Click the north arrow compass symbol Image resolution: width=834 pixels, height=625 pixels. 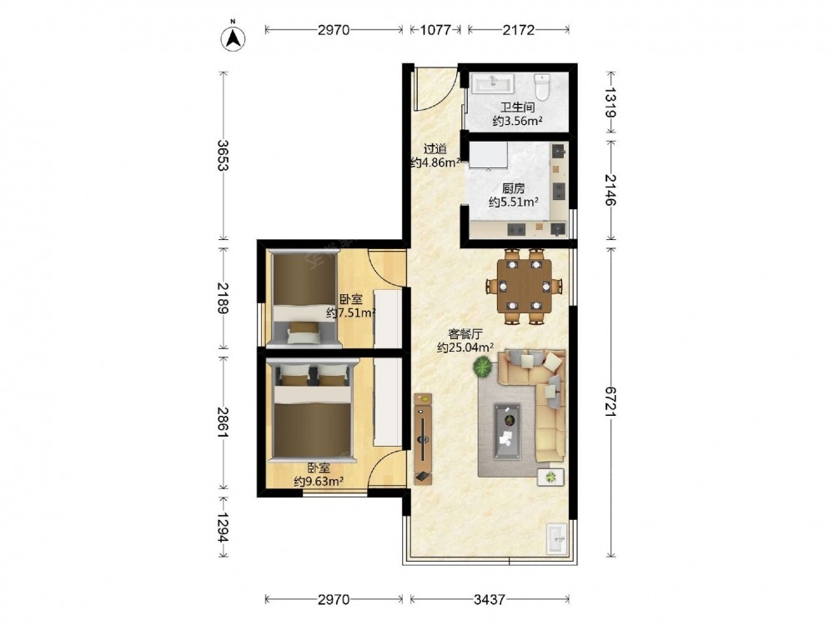pos(233,38)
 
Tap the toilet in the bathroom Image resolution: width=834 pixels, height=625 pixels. pos(542,87)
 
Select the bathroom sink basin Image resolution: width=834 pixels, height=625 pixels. pos(493,83)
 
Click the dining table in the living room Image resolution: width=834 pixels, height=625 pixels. pos(524,285)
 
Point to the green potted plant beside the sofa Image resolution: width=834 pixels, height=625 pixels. pos(483,367)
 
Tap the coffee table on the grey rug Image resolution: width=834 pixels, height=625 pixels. pos(507,430)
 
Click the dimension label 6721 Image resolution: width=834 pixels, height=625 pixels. pos(610,402)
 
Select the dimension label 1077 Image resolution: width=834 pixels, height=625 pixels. pos(435,30)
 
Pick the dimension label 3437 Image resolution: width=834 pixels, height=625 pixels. pos(490,599)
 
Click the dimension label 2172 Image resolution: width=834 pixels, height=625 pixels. pos(518,30)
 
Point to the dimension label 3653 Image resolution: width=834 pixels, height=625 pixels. pos(223,155)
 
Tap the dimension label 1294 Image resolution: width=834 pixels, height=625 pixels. pos(223,527)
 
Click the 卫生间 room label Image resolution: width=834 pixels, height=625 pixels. pos(518,107)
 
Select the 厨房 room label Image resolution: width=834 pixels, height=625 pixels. pos(513,188)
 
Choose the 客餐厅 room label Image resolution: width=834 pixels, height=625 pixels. pos(465,334)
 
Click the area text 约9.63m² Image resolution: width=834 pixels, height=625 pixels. pos(319,482)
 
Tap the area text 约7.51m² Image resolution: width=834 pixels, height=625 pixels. pos(351,312)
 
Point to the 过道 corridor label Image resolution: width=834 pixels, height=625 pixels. pos(435,149)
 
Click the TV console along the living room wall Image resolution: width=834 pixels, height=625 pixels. pos(424,438)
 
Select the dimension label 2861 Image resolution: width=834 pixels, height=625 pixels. pos(223,422)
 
